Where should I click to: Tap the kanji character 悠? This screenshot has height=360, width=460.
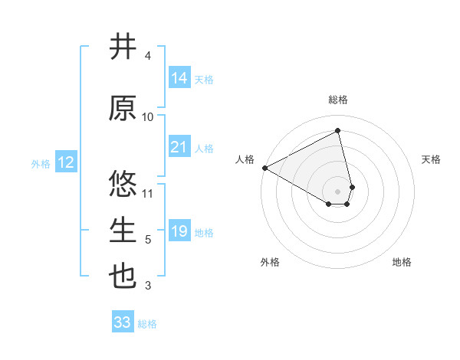tap(123, 185)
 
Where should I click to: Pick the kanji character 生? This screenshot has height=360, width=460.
tap(123, 231)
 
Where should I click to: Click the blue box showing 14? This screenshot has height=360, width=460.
tap(179, 78)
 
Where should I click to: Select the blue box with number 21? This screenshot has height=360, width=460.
tap(179, 147)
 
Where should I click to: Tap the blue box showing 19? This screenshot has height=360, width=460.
tap(179, 231)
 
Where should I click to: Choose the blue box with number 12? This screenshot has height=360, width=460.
tap(65, 162)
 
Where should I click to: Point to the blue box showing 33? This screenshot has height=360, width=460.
tap(123, 322)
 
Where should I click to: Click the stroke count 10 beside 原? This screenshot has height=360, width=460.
tap(148, 117)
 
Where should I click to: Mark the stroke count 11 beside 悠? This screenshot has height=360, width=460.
tap(148, 194)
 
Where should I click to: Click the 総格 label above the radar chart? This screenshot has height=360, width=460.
tap(337, 100)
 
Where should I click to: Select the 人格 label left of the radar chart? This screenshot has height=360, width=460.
tap(245, 159)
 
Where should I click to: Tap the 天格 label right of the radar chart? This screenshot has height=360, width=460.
tap(431, 159)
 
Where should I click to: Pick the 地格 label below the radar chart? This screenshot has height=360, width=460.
tap(402, 262)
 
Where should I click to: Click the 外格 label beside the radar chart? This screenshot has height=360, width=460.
tap(270, 262)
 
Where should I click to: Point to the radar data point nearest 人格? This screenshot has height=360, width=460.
tap(264, 168)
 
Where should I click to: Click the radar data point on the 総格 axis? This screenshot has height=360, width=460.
tap(337, 130)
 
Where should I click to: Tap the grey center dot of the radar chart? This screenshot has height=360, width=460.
tap(337, 191)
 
